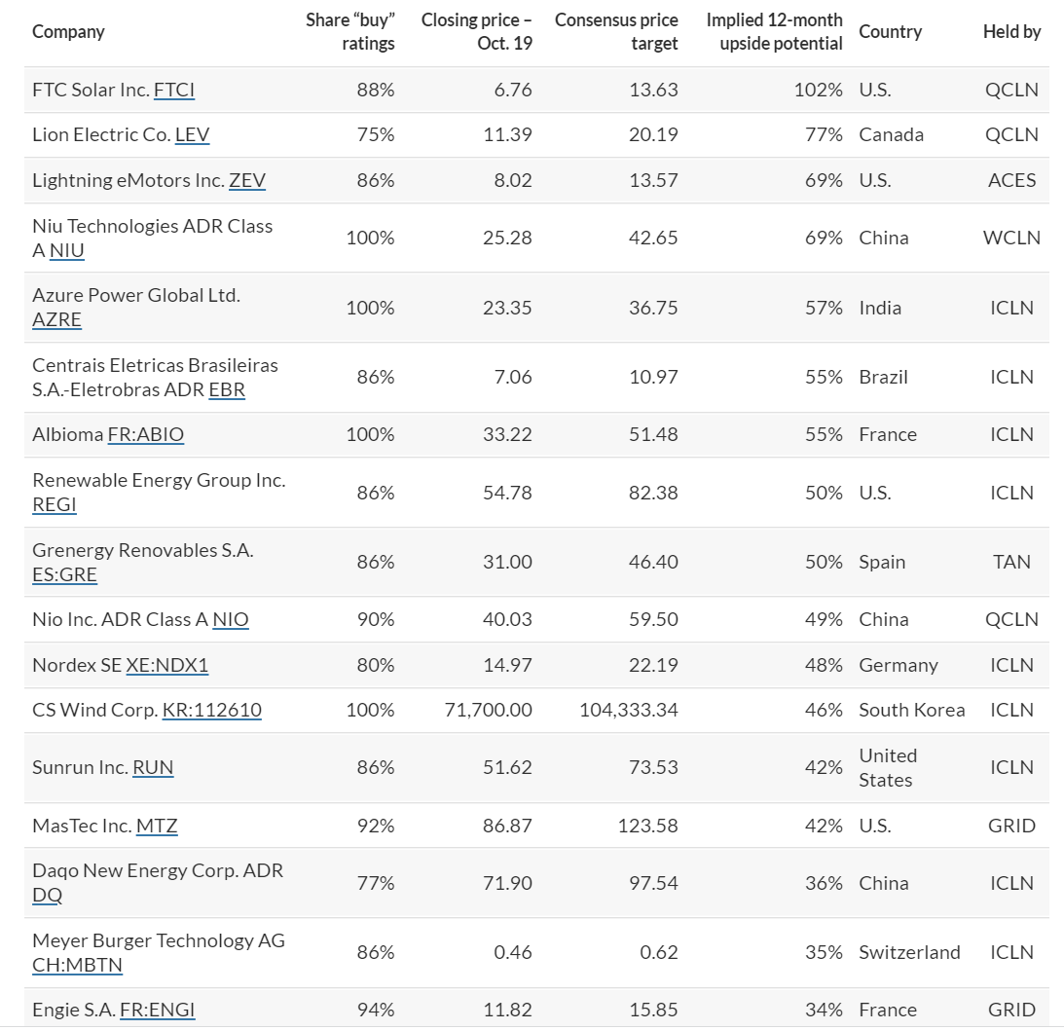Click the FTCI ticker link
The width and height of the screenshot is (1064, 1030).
coord(174,91)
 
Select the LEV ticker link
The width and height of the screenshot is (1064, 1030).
coord(192,135)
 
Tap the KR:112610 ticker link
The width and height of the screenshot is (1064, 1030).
coord(211,711)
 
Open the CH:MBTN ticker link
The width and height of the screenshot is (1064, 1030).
coord(77,966)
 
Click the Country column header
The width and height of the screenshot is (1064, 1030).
coord(891,32)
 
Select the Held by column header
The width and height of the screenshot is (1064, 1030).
coord(1011,32)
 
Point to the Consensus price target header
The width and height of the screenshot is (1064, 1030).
coord(616,32)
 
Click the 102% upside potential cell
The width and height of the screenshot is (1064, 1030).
coord(819,91)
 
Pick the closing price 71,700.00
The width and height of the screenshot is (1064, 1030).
coord(489,711)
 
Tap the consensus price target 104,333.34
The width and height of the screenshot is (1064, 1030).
coord(629,711)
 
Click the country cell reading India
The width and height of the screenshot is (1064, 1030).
coord(880,308)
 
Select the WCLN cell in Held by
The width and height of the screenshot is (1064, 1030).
coord(1011,239)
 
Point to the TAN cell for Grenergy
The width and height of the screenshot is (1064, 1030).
coord(1011,562)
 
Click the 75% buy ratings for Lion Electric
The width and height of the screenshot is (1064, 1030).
coord(376,135)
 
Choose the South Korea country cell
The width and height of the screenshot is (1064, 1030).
coord(912,711)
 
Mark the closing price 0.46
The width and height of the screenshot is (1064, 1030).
coord(513,953)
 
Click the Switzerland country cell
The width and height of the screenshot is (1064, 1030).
coord(910,953)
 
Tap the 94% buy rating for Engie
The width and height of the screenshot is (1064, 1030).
coord(376,1011)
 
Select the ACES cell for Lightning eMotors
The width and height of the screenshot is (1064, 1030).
coord(1011,180)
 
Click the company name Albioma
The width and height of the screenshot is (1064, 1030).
coord(68,435)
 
